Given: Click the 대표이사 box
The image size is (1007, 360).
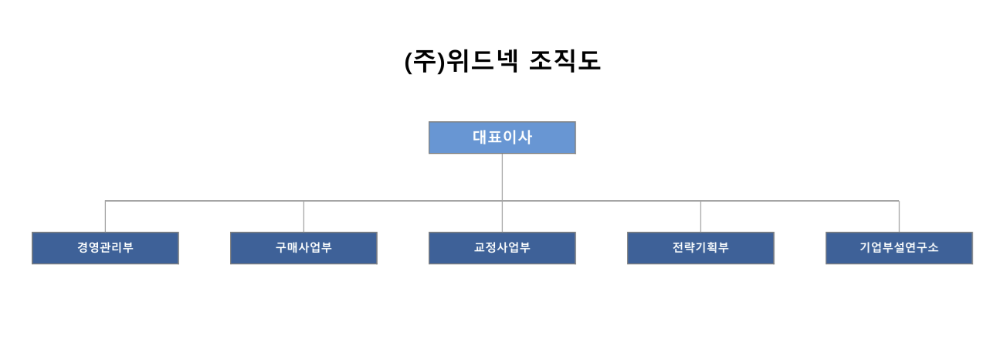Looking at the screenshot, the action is click(x=502, y=138).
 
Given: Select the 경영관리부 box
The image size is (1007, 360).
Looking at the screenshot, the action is click(x=105, y=248).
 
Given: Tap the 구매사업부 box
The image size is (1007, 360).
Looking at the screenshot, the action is click(x=304, y=248).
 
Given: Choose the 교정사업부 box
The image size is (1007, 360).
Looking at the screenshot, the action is click(x=502, y=248).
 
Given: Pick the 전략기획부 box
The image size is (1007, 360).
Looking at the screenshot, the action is click(x=701, y=248).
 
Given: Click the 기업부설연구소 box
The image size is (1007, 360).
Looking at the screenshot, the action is click(x=899, y=248).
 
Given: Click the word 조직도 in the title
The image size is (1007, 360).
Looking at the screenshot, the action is click(x=565, y=61).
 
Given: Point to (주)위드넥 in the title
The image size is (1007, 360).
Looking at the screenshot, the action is click(x=462, y=61).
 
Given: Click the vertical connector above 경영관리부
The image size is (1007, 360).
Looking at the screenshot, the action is click(x=105, y=216).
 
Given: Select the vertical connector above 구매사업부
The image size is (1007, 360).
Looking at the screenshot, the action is click(x=304, y=216).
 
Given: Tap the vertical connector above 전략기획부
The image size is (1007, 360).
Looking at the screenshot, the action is click(x=701, y=216).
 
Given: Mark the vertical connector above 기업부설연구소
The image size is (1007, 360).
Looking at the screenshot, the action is click(x=899, y=216).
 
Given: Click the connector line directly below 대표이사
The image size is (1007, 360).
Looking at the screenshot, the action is click(x=502, y=178).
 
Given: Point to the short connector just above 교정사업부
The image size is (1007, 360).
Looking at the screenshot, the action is click(x=502, y=216).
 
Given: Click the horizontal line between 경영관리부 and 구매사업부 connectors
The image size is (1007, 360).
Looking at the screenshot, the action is click(x=205, y=201).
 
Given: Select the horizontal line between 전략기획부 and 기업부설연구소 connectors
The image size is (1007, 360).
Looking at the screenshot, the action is click(x=800, y=201).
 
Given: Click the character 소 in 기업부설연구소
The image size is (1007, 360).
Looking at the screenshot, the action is click(x=933, y=247).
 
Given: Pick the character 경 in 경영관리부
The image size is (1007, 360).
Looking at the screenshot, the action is click(x=83, y=247).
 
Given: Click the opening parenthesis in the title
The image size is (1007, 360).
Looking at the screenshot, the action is click(x=408, y=62).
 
